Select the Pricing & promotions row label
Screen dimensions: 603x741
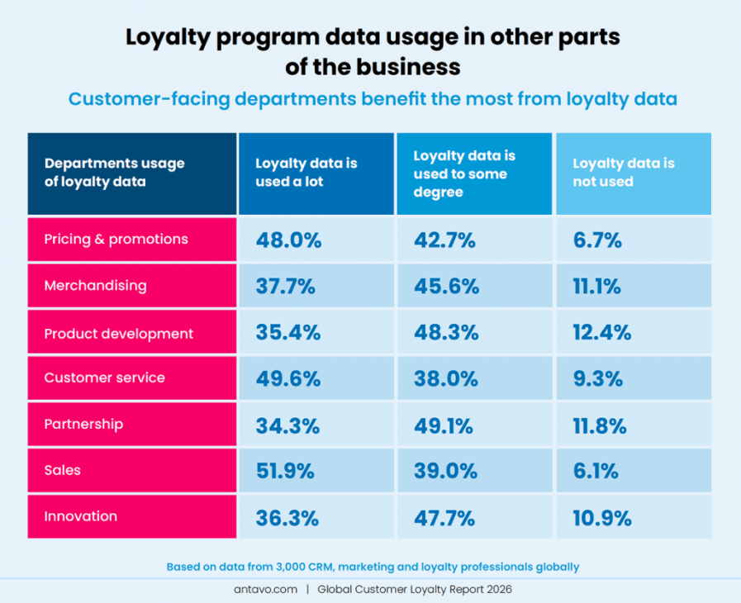[116, 240]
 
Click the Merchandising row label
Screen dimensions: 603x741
[95, 286]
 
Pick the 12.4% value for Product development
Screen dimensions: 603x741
[602, 332]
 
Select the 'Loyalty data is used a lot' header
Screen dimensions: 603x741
[306, 173]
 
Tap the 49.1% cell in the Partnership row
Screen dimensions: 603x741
[443, 425]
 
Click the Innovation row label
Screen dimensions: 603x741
[81, 516]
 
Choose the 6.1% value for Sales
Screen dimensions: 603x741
[596, 471]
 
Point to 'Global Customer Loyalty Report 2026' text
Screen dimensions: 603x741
[415, 589]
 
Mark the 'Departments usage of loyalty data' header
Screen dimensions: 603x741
[114, 173]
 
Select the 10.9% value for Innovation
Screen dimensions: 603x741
[602, 518]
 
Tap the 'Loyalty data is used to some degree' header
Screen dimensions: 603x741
[464, 173]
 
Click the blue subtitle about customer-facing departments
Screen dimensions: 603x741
[373, 99]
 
